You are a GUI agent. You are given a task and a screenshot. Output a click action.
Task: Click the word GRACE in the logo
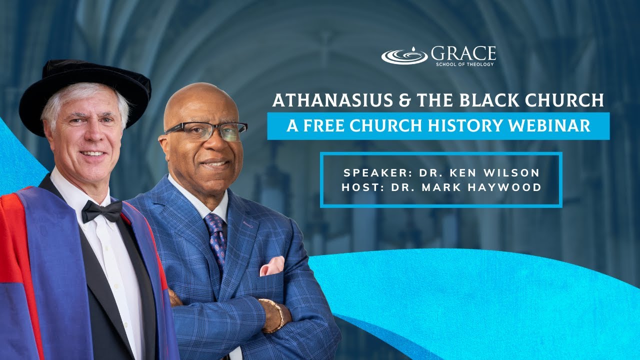point(463,53)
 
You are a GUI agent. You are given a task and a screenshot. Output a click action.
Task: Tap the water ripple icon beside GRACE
point(404,55)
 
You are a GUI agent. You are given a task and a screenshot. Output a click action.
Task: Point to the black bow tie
point(102,211)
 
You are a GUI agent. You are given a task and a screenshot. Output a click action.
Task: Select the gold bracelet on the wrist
point(276,316)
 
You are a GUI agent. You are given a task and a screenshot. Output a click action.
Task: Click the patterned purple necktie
point(217,235)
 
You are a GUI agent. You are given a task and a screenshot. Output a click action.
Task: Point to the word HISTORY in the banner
point(467,126)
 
